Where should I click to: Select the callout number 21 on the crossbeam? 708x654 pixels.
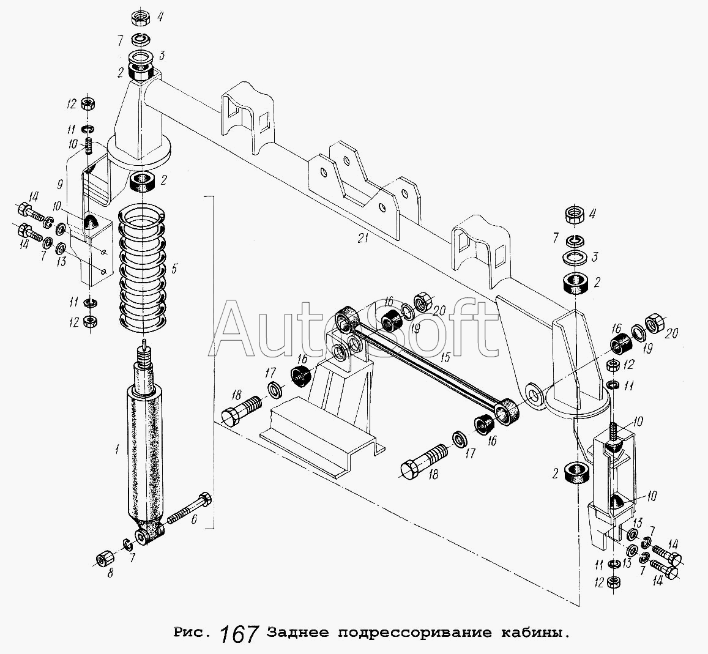(x=363, y=240)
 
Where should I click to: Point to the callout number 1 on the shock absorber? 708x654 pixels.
(x=116, y=450)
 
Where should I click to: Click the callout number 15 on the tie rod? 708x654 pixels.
(x=445, y=357)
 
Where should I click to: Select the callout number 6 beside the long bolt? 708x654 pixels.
(x=193, y=519)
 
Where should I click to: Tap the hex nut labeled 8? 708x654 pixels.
(x=103, y=557)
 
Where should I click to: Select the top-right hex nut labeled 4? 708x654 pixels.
(x=576, y=215)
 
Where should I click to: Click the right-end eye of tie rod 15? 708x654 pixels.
(x=509, y=411)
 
